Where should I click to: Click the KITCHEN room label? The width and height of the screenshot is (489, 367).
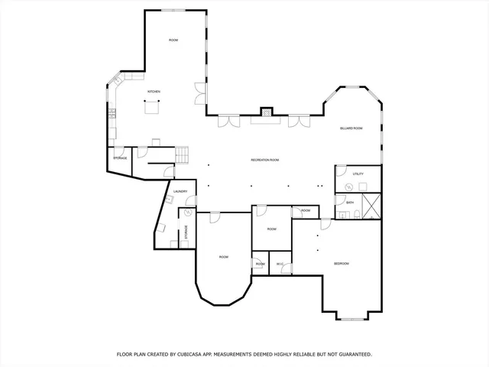(x=154, y=93)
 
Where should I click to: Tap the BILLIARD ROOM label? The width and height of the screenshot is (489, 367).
(x=351, y=129)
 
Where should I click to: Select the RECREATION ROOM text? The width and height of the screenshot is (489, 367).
(x=264, y=160)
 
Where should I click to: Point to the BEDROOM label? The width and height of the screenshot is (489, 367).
(x=341, y=264)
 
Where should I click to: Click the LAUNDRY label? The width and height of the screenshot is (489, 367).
(x=180, y=192)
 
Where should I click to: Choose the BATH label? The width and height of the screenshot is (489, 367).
(x=350, y=203)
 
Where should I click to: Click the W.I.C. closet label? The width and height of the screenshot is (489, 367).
(x=280, y=265)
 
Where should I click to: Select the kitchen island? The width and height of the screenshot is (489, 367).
(x=154, y=107)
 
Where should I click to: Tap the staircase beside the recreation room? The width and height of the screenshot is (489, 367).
(x=182, y=154)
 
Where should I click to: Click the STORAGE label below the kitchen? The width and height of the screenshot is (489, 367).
(x=120, y=158)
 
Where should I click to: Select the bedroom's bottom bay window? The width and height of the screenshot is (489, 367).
(x=352, y=318)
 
